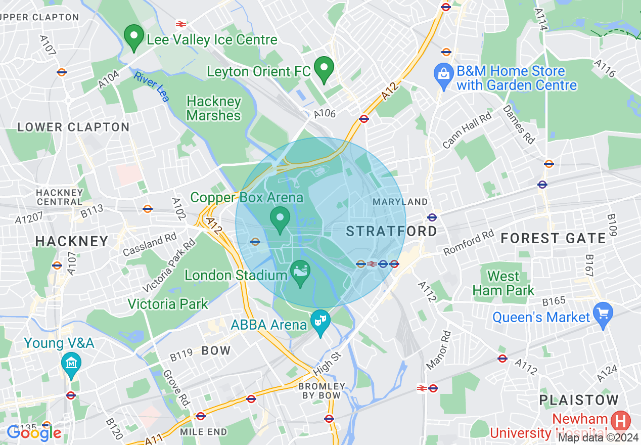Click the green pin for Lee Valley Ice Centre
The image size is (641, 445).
pos(134,37)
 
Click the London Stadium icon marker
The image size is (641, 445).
pos(301,273)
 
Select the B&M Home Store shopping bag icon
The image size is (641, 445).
pos(443,75)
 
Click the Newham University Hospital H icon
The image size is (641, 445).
pos(620,421)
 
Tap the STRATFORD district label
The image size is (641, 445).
pos(391,231)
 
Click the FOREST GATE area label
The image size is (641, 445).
pos(553,238)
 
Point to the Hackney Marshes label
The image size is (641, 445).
pos(213,108)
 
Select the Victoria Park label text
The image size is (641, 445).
pos(168,304)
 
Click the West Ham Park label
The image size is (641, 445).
pos(503,283)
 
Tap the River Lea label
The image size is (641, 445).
pos(151,86)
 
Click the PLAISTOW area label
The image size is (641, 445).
pos(578,400)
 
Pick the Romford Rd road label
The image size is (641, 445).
pos(468,243)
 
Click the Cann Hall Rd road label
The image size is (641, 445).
pos(467,130)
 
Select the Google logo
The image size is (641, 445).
pos(34,432)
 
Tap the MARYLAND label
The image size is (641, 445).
pos(400,202)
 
